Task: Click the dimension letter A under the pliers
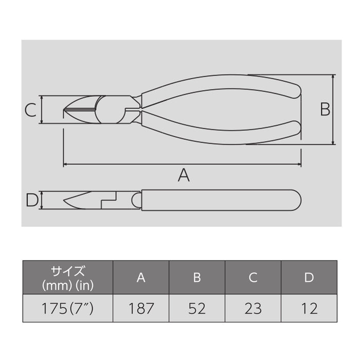(184, 175)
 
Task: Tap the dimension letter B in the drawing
(325, 110)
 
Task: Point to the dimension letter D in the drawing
(32, 200)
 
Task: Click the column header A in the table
(141, 278)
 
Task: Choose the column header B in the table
(197, 278)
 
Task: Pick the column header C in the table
(253, 278)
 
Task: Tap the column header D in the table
(309, 278)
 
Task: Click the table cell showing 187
(141, 309)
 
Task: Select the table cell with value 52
(197, 309)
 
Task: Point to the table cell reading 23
(253, 309)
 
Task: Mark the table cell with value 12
(309, 309)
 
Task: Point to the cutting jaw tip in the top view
(66, 110)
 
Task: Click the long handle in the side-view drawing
(221, 200)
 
